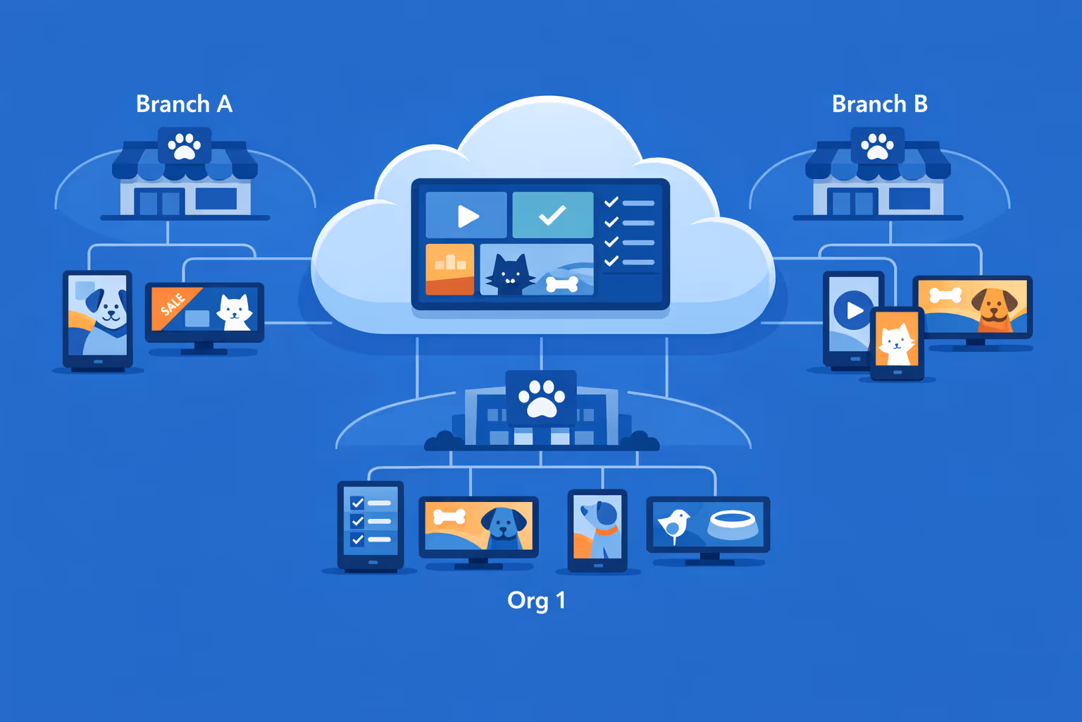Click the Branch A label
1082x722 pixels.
(x=184, y=104)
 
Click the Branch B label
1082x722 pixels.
(x=879, y=104)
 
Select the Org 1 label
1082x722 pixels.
(x=536, y=601)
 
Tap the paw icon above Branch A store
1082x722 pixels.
(x=185, y=145)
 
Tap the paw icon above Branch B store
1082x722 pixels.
(x=877, y=145)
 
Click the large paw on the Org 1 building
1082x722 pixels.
(x=541, y=398)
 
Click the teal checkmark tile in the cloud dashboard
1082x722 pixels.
(x=552, y=215)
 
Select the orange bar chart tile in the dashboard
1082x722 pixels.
(x=450, y=269)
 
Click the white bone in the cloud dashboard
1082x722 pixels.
(x=562, y=284)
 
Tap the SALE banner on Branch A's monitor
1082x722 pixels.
(x=173, y=304)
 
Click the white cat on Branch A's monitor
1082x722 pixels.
(x=234, y=312)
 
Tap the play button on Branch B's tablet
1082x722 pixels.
(x=854, y=310)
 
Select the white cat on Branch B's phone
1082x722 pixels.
(x=896, y=343)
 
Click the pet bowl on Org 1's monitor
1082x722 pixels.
(x=733, y=524)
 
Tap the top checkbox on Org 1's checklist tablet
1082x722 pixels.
(x=357, y=503)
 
